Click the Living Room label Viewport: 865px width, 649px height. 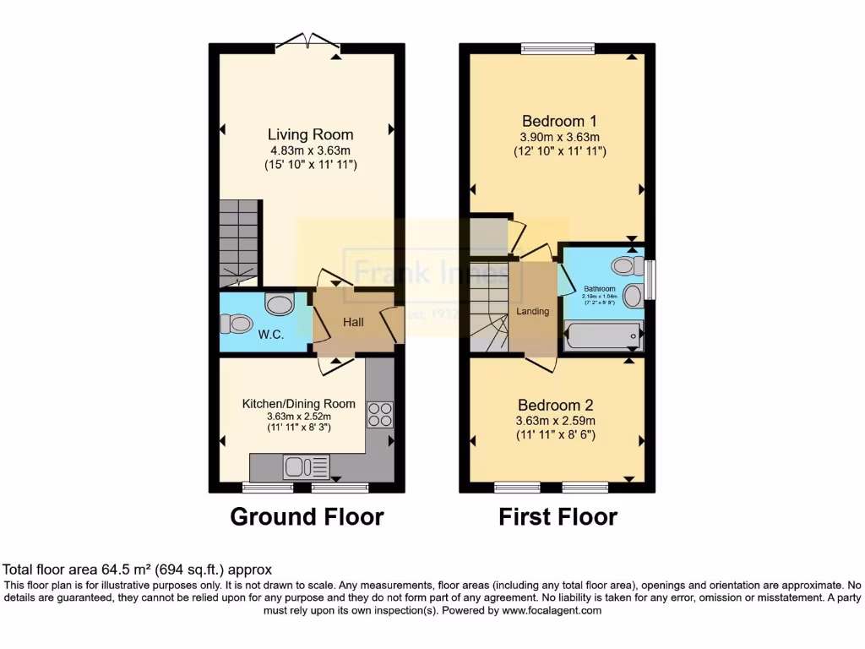tap(310, 134)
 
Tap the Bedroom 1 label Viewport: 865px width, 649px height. tap(560, 120)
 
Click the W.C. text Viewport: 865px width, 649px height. tap(271, 335)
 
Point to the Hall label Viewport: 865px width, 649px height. tap(354, 322)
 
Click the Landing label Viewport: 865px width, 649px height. tap(533, 311)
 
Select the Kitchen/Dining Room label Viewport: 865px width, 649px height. tap(299, 404)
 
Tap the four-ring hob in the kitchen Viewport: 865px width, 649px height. tap(380, 414)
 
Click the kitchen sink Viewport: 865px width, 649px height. tap(296, 466)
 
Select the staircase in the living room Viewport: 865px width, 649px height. tap(238, 242)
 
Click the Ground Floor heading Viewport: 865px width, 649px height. tap(307, 516)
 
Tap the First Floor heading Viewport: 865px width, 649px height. tap(558, 516)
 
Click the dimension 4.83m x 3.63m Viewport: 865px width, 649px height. tap(310, 150)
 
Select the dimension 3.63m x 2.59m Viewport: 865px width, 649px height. tap(557, 421)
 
